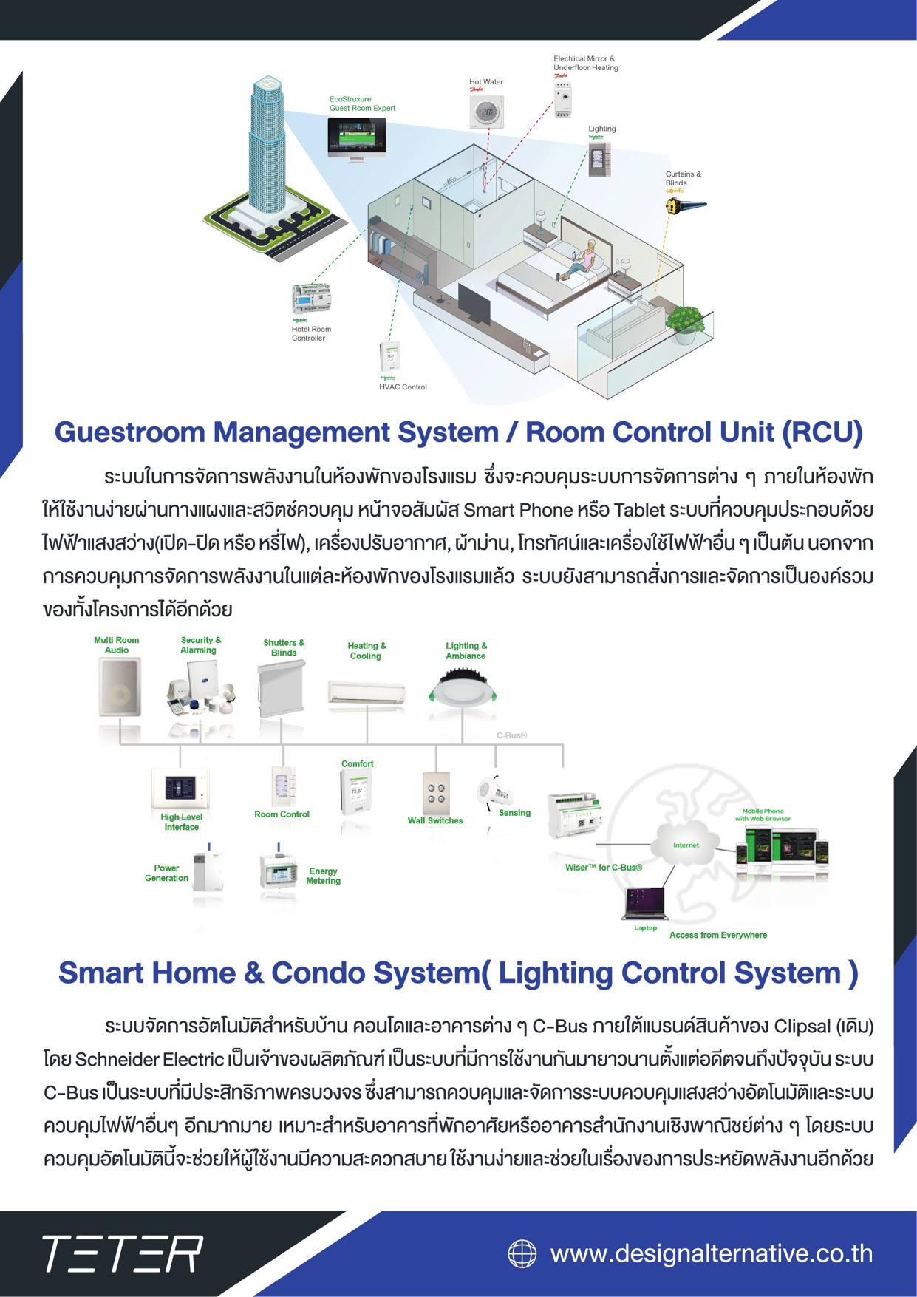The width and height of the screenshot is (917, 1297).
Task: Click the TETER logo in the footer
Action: (122, 1253)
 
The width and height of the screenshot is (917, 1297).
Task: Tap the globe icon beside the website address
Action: (522, 1253)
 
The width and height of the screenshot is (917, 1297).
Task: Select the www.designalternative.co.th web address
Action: (711, 1253)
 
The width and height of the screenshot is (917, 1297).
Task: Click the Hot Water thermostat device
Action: (485, 113)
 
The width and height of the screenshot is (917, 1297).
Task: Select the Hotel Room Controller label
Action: (311, 334)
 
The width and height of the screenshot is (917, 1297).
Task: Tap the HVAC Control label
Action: (403, 387)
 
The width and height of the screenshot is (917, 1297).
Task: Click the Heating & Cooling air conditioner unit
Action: (367, 692)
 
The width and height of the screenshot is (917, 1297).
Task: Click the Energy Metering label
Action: (323, 876)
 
